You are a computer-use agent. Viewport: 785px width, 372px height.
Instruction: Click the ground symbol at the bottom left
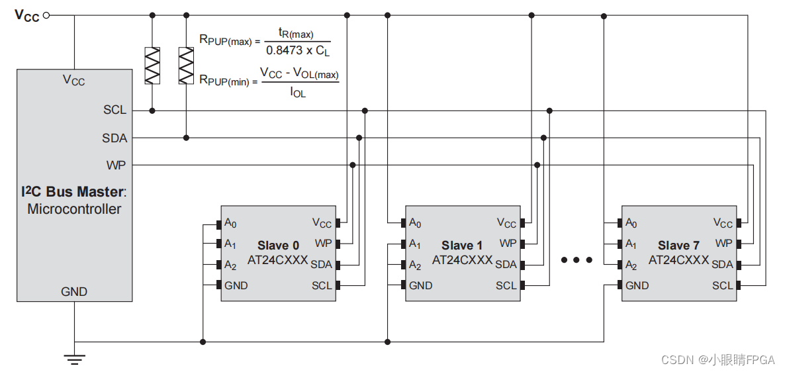pyautogui.click(x=74, y=359)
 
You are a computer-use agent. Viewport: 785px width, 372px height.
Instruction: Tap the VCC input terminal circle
pyautogui.click(x=46, y=15)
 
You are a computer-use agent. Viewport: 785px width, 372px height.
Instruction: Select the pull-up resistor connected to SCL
pyautogui.click(x=153, y=66)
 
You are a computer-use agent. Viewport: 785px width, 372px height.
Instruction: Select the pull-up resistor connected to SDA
pyautogui.click(x=186, y=66)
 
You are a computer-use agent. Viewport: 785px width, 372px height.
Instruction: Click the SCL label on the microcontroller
pyautogui.click(x=115, y=110)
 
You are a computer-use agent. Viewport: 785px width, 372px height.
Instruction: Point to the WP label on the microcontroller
pyautogui.click(x=116, y=165)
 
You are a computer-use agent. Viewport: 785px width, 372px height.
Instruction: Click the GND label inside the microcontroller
pyautogui.click(x=74, y=291)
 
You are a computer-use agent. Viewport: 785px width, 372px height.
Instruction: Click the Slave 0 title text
pyautogui.click(x=278, y=246)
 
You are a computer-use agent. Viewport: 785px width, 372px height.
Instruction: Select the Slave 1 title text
pyautogui.click(x=462, y=246)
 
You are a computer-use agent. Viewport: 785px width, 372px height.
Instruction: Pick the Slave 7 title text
pyautogui.click(x=678, y=246)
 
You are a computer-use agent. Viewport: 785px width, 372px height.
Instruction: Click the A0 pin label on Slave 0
pyautogui.click(x=230, y=223)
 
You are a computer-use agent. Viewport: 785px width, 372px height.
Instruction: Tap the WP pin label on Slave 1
pyautogui.click(x=508, y=244)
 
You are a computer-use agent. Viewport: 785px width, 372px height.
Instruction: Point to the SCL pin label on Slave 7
pyautogui.click(x=723, y=285)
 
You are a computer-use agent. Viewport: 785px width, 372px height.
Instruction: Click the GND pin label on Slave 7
pyautogui.click(x=637, y=285)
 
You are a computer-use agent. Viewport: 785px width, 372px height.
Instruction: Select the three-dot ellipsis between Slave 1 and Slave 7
pyautogui.click(x=577, y=260)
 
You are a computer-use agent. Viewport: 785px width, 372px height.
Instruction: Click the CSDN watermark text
pyautogui.click(x=718, y=359)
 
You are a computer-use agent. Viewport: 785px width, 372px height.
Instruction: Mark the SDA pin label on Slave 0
pyautogui.click(x=322, y=265)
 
